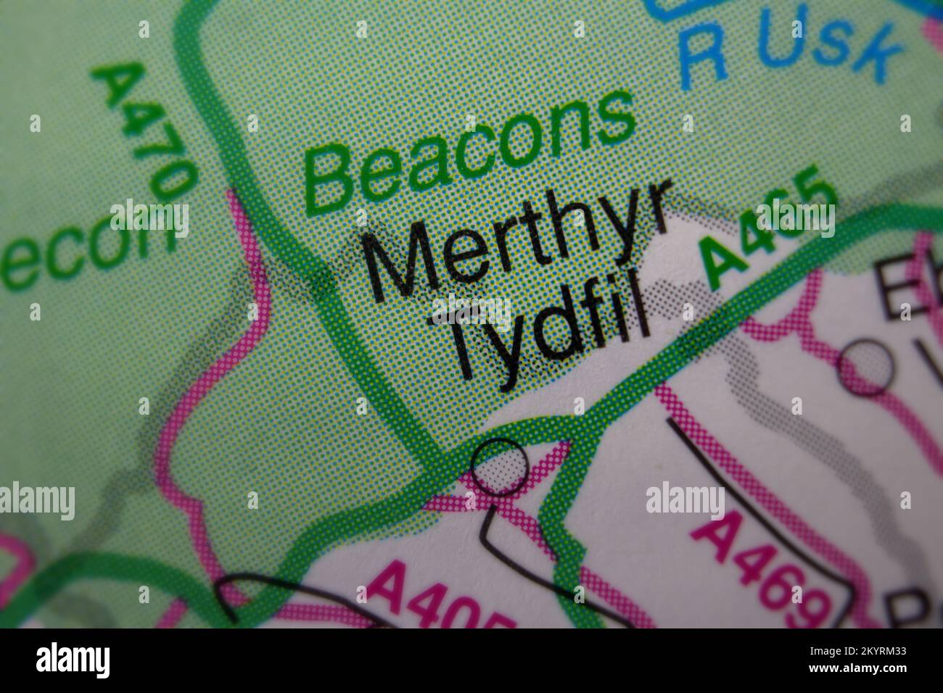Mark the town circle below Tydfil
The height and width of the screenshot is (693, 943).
tap(499, 467)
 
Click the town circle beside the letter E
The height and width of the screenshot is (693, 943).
tap(864, 368)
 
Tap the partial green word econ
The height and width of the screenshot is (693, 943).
tap(91, 246)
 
